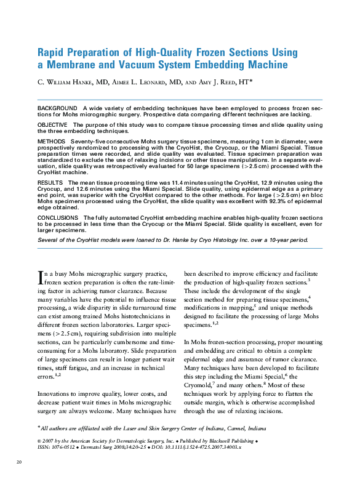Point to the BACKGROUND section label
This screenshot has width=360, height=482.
coord(57,108)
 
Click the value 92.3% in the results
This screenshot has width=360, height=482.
coord(260,201)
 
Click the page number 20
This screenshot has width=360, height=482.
coord(19,462)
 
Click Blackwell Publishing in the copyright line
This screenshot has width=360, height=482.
coord(230,442)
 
